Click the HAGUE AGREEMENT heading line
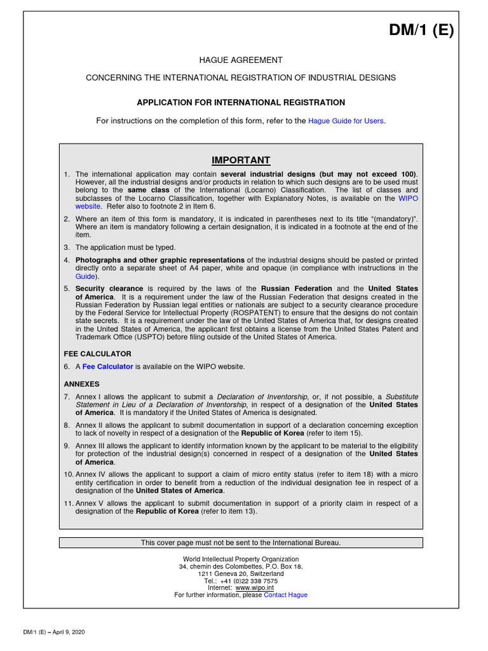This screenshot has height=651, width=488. [x=241, y=60]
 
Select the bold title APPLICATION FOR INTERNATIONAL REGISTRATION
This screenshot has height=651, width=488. [x=241, y=102]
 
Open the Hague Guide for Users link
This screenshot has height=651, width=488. [x=346, y=121]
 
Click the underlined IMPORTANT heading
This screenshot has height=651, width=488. [x=241, y=160]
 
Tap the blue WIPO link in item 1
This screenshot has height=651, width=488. [x=408, y=198]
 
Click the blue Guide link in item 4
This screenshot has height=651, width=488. [x=86, y=277]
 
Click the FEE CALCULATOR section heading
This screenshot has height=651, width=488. [x=97, y=353]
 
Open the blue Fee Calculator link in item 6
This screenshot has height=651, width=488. [x=107, y=367]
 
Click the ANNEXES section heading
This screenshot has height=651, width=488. [x=82, y=384]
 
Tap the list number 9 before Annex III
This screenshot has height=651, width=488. [x=66, y=446]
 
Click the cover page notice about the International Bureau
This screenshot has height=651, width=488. [x=241, y=543]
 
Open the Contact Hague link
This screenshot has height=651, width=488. [x=285, y=595]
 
